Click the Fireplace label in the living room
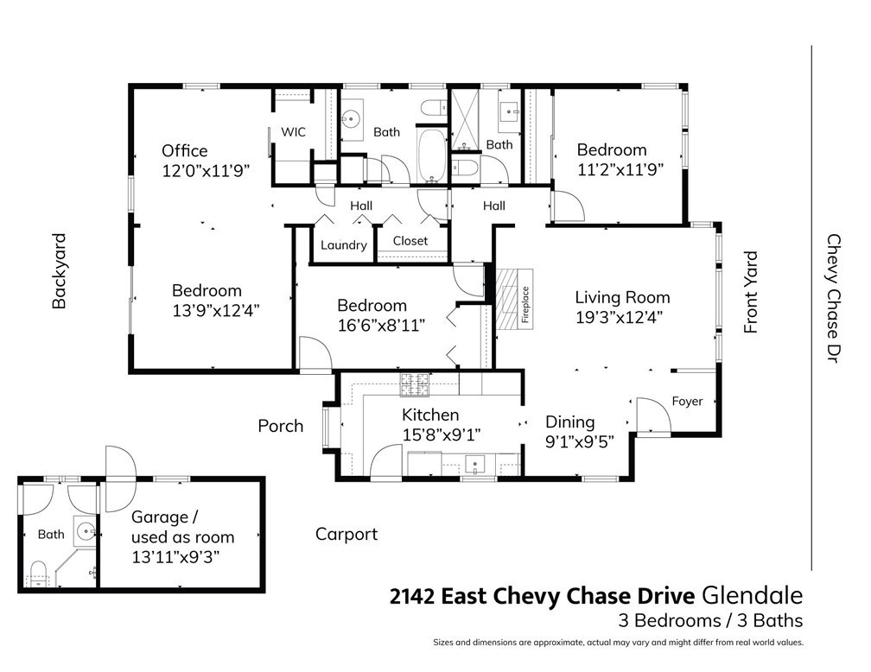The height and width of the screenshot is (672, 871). click(525, 304)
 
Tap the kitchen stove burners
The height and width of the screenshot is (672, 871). click(415, 385)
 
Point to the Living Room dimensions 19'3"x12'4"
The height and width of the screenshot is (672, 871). click(619, 317)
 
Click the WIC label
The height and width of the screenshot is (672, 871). click(293, 132)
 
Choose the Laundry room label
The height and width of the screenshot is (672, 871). click(343, 245)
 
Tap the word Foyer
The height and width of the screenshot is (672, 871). click(687, 401)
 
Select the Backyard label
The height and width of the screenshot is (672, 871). click(59, 270)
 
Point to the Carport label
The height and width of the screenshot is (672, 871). click(346, 535)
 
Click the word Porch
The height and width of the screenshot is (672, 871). click(281, 426)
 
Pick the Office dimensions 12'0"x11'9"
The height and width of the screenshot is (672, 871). click(206, 170)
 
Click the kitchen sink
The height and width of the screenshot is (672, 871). click(475, 463)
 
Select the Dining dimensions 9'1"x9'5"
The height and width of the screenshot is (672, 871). click(580, 442)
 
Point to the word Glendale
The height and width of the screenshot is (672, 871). click(753, 596)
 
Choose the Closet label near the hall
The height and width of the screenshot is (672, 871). click(410, 240)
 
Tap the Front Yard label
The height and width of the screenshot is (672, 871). click(750, 292)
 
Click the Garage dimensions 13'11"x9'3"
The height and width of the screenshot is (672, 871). click(175, 556)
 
